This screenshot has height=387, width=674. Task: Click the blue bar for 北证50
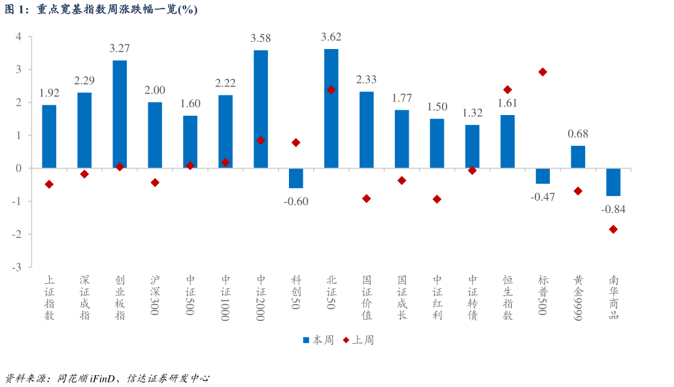pos(331,109)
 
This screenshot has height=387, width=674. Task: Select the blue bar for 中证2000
pos(260,109)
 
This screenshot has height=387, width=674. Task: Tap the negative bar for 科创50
pos(295,178)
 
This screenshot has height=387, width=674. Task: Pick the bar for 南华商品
pos(613,182)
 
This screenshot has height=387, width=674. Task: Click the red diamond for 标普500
pos(543,72)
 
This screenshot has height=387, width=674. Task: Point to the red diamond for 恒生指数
pos(507,90)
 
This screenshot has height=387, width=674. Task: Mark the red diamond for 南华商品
pos(613,229)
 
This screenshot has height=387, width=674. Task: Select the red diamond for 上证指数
pos(49,184)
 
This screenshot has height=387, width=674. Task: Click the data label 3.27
pos(120,48)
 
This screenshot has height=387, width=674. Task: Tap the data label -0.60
pos(295,201)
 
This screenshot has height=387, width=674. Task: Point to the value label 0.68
pos(578,133)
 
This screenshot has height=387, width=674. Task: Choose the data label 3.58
pos(260,38)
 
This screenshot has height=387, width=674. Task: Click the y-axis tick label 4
pos(18,37)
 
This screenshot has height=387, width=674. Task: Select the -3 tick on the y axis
pos(16,267)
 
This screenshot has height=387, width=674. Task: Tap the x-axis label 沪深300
pos(155,295)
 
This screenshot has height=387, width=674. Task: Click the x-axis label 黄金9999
pos(578,297)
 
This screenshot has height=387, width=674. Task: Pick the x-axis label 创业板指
pos(120,297)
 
